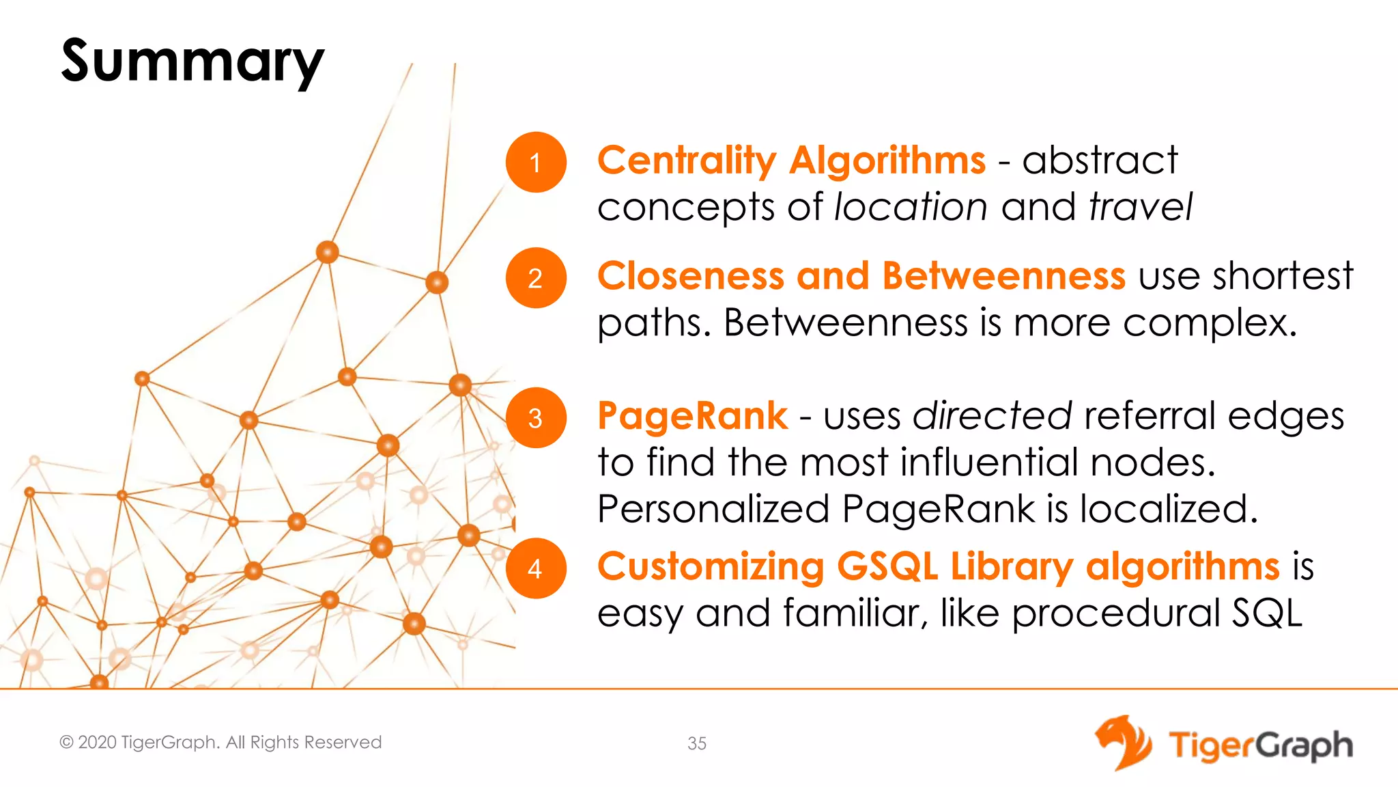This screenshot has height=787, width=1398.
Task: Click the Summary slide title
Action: tap(192, 61)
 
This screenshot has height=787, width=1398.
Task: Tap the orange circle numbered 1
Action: tap(536, 163)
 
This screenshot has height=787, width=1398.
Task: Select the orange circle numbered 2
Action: tap(536, 278)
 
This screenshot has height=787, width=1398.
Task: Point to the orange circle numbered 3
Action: tap(536, 418)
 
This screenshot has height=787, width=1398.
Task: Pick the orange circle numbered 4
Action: tap(536, 568)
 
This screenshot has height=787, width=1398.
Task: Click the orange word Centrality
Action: tap(687, 161)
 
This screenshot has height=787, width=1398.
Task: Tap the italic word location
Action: tap(911, 207)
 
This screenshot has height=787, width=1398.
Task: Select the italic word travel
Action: tap(1141, 207)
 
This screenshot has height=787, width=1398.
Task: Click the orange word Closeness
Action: tap(691, 276)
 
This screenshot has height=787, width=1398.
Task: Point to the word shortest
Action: tap(1283, 276)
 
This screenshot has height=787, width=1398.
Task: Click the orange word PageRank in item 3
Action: tap(692, 416)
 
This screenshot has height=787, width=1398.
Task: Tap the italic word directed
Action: tap(993, 416)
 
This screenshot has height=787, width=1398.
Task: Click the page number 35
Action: tap(697, 743)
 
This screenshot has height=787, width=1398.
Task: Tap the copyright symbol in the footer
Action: tap(66, 743)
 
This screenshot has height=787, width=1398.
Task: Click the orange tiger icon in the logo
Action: tap(1123, 743)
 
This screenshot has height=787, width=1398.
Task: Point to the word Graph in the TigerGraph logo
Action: tap(1304, 746)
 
